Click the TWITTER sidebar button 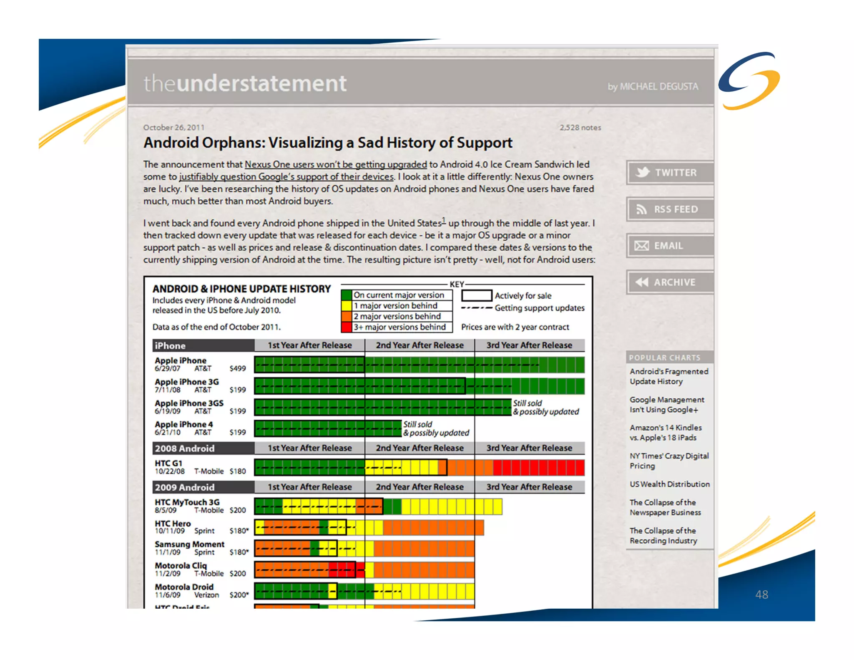670,172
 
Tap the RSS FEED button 670,209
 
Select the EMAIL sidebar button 670,246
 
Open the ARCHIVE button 670,282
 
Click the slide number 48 761,594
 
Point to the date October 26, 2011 174,127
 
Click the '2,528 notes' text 580,127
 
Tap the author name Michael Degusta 653,86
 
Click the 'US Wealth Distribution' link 670,484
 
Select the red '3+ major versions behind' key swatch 346,327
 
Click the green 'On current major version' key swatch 346,295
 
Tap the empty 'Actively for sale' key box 476,295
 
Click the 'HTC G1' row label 168,463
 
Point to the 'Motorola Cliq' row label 181,565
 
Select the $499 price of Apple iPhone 238,368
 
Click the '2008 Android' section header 185,448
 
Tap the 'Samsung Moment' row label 189,544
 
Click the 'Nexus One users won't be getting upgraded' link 336,164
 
